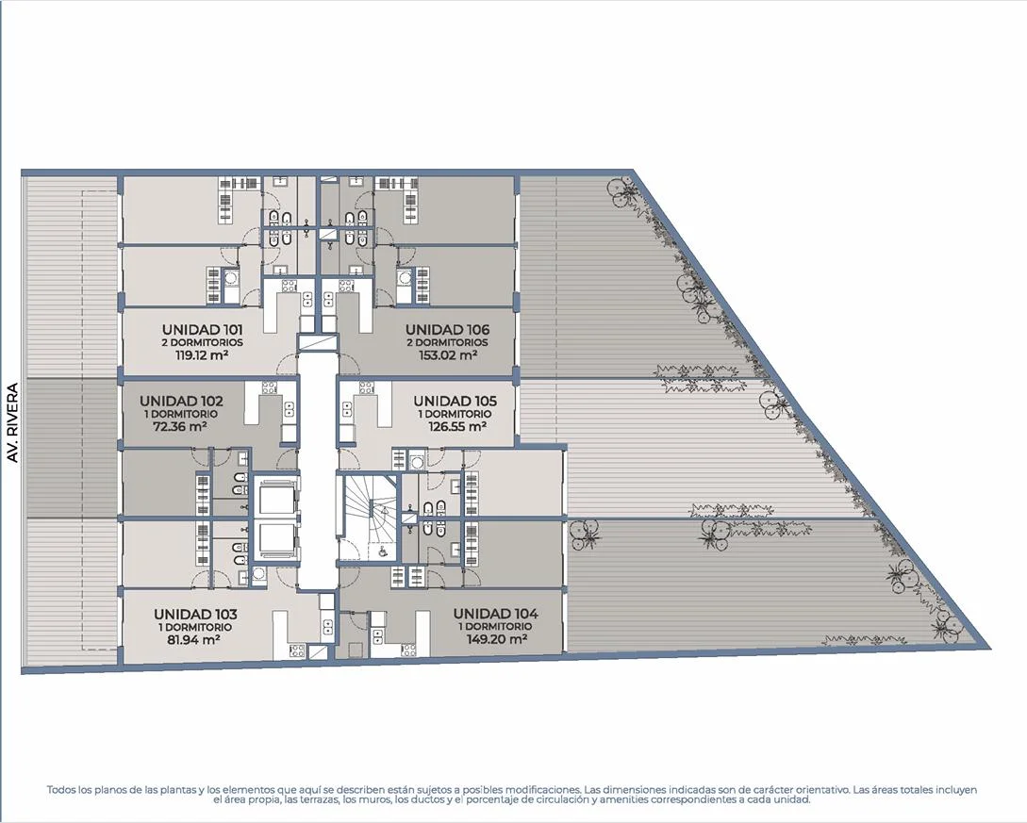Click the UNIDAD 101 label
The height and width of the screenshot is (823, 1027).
pyautogui.click(x=203, y=329)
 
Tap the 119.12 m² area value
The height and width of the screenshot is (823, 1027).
pyautogui.click(x=202, y=355)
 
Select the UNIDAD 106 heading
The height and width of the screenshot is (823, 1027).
pyautogui.click(x=447, y=329)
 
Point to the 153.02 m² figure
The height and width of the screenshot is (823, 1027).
pyautogui.click(x=448, y=355)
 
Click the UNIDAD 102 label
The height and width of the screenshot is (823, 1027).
pyautogui.click(x=181, y=401)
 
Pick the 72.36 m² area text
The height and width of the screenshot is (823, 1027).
pyautogui.click(x=179, y=426)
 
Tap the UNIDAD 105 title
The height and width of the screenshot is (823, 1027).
pyautogui.click(x=456, y=401)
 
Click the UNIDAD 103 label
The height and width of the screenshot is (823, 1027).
pyautogui.click(x=195, y=614)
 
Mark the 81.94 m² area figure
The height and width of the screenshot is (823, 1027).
pyautogui.click(x=193, y=640)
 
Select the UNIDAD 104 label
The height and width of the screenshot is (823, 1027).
pyautogui.click(x=496, y=614)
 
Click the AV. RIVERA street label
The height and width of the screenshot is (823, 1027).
pyautogui.click(x=12, y=423)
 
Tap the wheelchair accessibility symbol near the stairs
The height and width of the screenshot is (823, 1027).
pyautogui.click(x=382, y=551)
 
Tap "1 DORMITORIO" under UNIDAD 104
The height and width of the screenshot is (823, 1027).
pyautogui.click(x=496, y=627)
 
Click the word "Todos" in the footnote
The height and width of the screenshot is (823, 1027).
pyautogui.click(x=59, y=790)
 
